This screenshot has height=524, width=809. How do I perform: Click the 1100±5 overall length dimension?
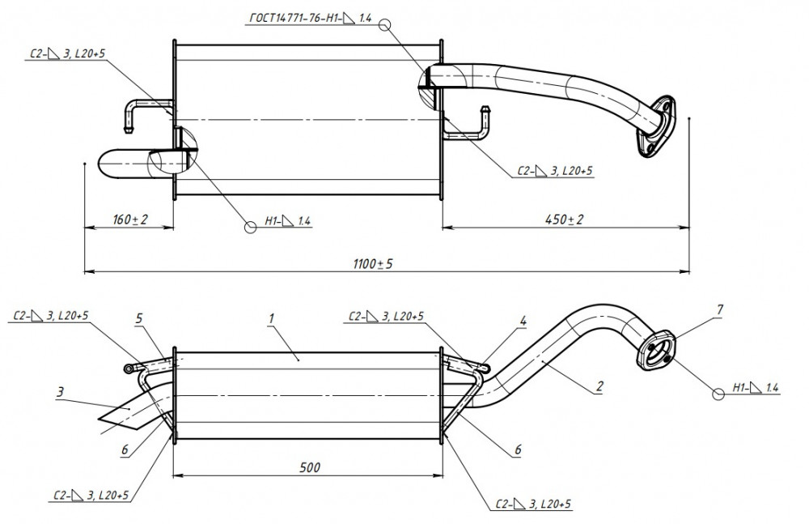[x=373, y=264]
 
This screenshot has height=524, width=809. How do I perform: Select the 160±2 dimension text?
[x=130, y=219]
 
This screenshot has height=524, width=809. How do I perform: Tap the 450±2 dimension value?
[x=564, y=219]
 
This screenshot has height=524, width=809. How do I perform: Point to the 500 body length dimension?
[x=310, y=467]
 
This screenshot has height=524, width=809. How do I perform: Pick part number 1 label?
[x=271, y=318]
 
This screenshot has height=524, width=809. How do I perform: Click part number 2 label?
[x=599, y=386]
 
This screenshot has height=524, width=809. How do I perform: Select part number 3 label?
[x=60, y=392]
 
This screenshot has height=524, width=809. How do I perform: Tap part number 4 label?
[x=523, y=321]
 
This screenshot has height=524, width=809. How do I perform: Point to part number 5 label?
[x=139, y=318]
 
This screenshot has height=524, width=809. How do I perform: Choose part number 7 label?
[x=720, y=310]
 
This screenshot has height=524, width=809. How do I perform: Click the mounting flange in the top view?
[x=656, y=126]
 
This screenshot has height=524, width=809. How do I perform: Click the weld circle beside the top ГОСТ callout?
[x=384, y=24]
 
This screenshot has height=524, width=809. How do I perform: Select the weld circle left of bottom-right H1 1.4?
[x=718, y=394]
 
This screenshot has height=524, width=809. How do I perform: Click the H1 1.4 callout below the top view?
[x=287, y=221]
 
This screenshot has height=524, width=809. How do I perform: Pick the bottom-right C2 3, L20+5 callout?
[x=533, y=504]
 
